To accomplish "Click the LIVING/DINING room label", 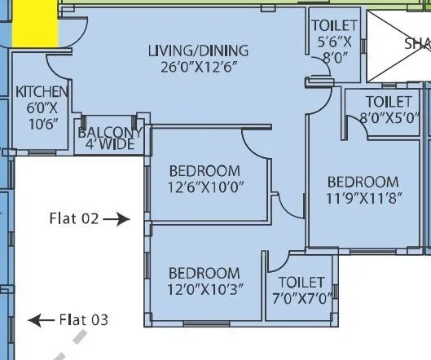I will [198, 50].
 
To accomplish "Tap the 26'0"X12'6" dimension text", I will [198, 66].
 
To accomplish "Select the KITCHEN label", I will [37, 92].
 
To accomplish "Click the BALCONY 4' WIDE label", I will [110, 138].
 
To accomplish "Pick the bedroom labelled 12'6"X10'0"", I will [205, 178].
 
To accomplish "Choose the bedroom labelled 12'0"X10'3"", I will [204, 281].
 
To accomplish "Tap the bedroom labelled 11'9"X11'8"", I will [363, 190].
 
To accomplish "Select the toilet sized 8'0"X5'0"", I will [388, 110].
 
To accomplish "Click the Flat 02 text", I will [73, 218].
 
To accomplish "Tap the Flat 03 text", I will [83, 320].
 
